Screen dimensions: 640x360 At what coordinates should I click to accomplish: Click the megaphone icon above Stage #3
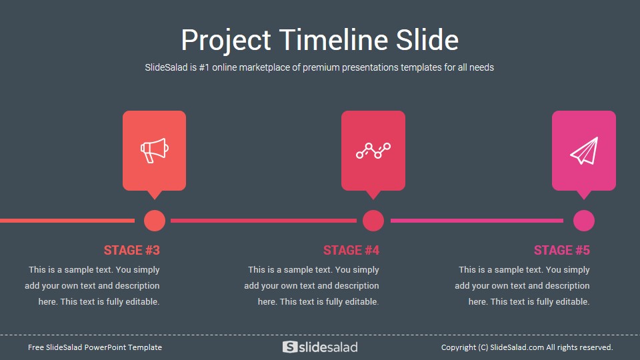(x=154, y=151)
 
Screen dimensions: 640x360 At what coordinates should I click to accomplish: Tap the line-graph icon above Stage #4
(x=373, y=151)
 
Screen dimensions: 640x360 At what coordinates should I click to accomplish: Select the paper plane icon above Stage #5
(x=584, y=151)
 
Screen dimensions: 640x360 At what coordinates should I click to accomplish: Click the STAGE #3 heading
(x=131, y=250)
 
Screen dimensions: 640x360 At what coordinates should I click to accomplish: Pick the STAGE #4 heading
(x=351, y=250)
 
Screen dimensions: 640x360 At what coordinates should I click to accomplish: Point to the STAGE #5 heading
(x=561, y=250)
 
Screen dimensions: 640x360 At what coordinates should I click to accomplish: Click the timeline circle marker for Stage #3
(x=155, y=221)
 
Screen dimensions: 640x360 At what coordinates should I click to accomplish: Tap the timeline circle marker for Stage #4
(x=373, y=221)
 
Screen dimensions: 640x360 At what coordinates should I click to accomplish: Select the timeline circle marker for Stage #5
(x=584, y=221)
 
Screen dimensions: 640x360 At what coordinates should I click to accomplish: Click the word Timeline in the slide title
(x=333, y=40)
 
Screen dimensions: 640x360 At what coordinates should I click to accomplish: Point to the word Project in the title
(x=226, y=41)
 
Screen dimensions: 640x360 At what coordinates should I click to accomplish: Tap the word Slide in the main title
(x=427, y=40)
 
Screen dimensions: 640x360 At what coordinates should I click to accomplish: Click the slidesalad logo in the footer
(x=320, y=347)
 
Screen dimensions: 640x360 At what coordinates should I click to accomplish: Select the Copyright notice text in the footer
(x=527, y=347)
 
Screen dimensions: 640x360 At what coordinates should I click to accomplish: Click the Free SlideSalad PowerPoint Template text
(x=95, y=347)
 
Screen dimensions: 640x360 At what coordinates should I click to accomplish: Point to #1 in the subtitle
(x=204, y=67)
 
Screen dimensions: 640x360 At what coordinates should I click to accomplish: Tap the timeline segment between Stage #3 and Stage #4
(x=264, y=221)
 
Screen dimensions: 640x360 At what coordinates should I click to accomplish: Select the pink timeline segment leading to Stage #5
(x=477, y=221)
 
